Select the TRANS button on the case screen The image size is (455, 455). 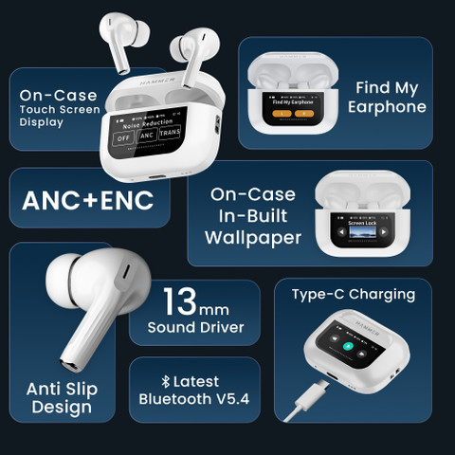pyautogui.click(x=169, y=134)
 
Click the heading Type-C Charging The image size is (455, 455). pyautogui.click(x=354, y=294)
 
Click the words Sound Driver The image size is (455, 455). pyautogui.click(x=195, y=328)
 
